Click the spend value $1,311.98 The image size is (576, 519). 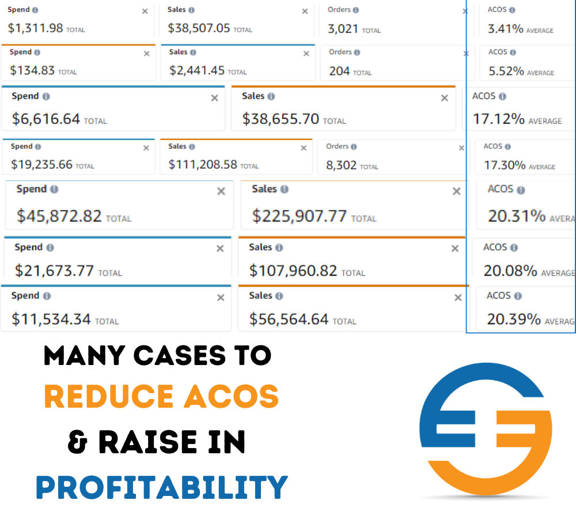click(x=36, y=27)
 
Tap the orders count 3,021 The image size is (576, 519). click(x=343, y=28)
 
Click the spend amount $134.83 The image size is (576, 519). click(x=32, y=70)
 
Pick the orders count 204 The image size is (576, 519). click(x=339, y=71)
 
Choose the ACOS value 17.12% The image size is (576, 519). click(x=499, y=119)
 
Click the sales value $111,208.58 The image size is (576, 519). click(x=203, y=164)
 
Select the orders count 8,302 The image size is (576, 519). click(x=342, y=165)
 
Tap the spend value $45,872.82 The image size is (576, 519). click(x=59, y=216)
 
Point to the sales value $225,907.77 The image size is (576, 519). click(x=300, y=216)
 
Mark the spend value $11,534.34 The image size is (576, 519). click(x=51, y=319)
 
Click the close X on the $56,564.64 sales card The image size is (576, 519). click(x=458, y=298)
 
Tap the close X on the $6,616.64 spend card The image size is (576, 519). click(x=214, y=98)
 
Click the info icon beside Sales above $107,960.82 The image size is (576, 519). click(x=279, y=247)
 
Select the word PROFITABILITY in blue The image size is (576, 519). click(x=162, y=487)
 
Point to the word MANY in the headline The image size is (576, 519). click(x=84, y=356)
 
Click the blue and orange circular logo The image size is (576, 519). click(x=485, y=430)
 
